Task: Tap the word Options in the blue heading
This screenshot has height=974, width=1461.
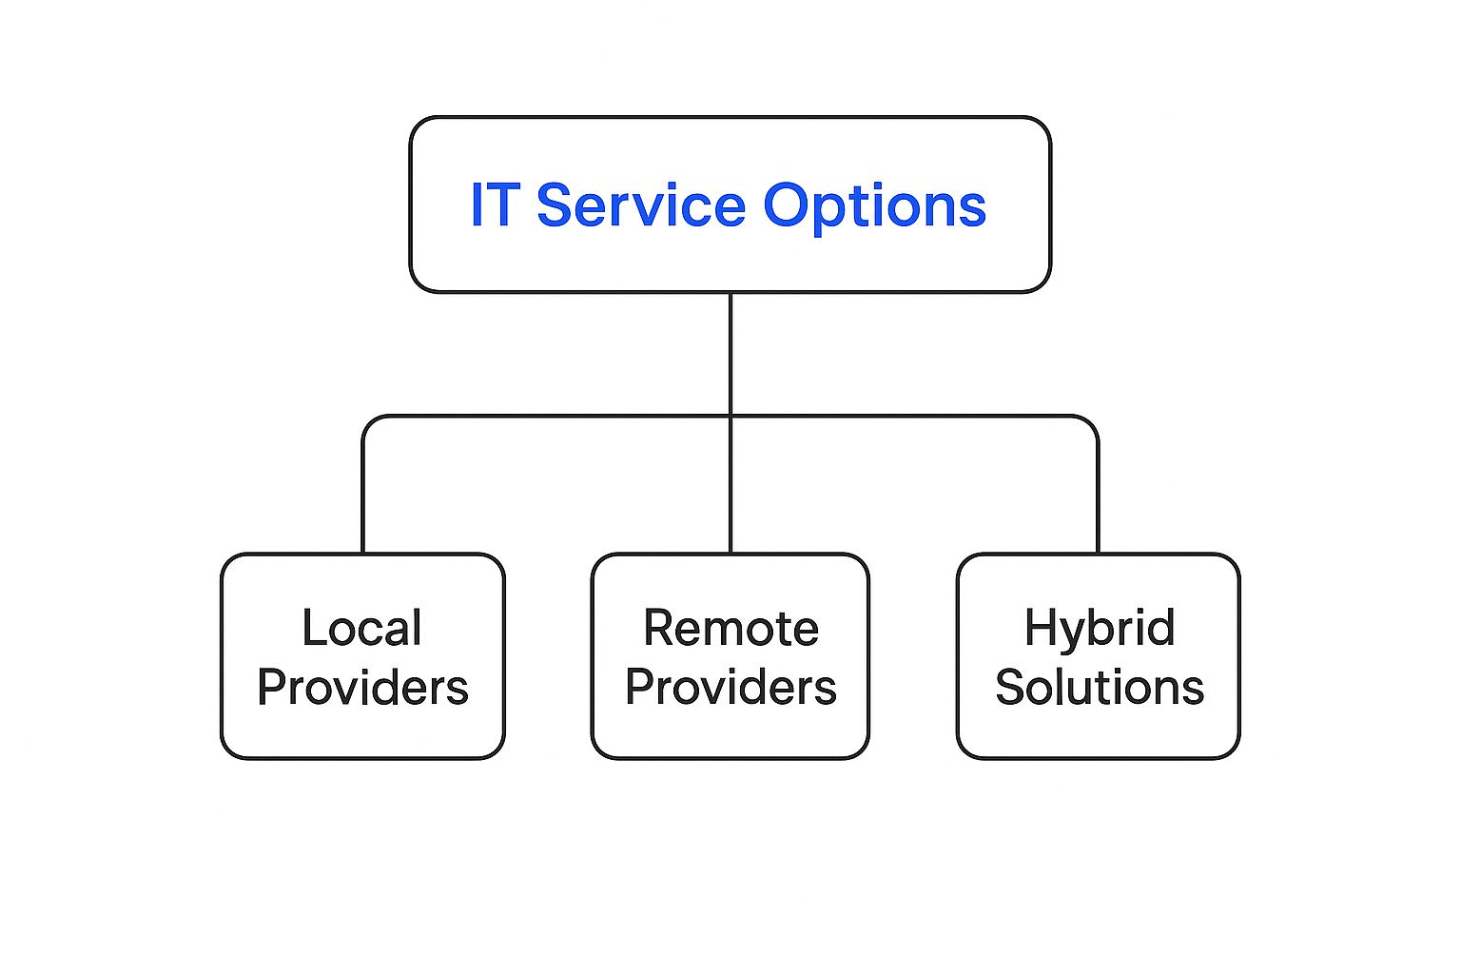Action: click(875, 208)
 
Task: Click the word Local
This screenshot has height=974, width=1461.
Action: click(362, 628)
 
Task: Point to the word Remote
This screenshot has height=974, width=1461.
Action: click(730, 628)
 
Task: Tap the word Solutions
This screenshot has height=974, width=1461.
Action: click(1099, 687)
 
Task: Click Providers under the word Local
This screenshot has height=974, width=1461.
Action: click(362, 689)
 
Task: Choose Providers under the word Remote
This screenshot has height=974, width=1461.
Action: click(730, 689)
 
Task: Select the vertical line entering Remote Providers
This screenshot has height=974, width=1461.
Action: click(730, 485)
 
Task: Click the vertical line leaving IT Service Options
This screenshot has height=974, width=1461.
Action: click(730, 354)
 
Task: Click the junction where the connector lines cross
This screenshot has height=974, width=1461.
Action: click(730, 416)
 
